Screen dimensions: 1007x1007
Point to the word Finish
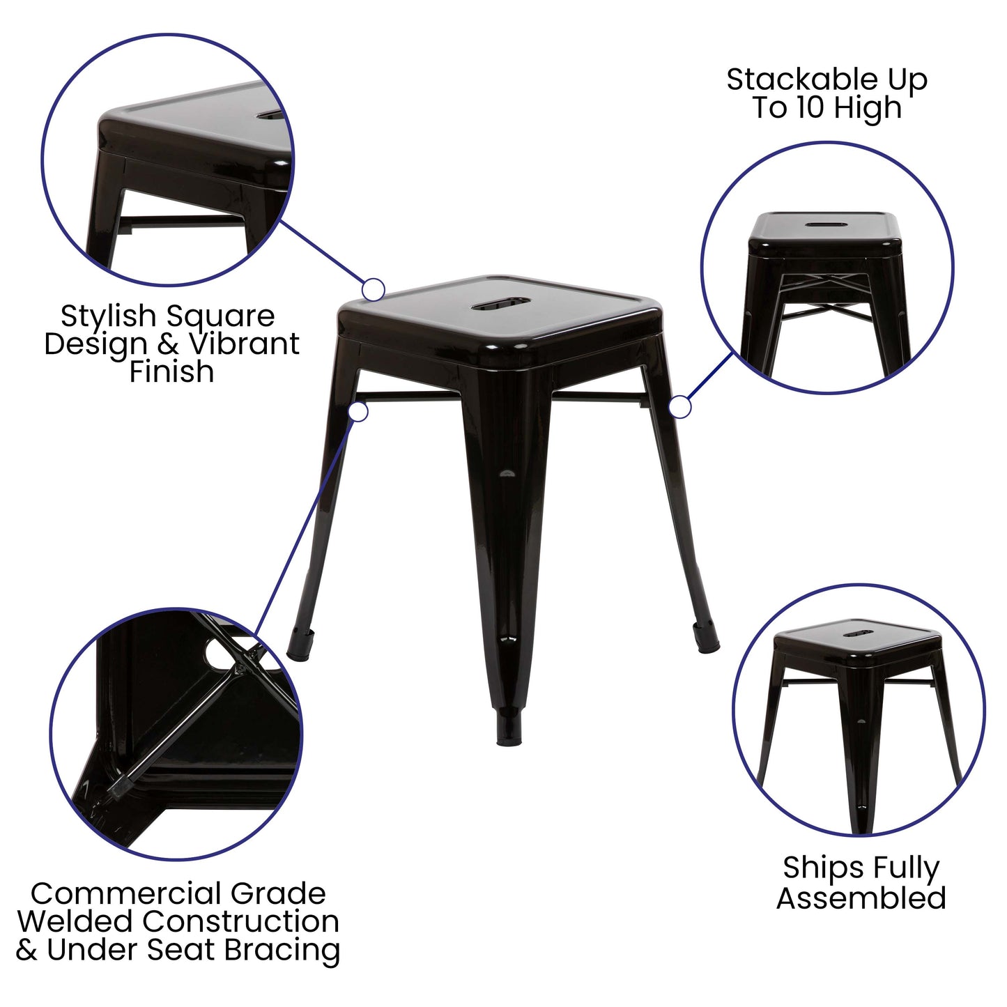(x=171, y=371)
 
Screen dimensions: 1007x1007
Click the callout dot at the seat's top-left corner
(x=374, y=289)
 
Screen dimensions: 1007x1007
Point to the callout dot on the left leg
(x=358, y=411)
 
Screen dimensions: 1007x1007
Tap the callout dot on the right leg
(x=679, y=407)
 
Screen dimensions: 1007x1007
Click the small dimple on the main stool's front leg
(x=507, y=474)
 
